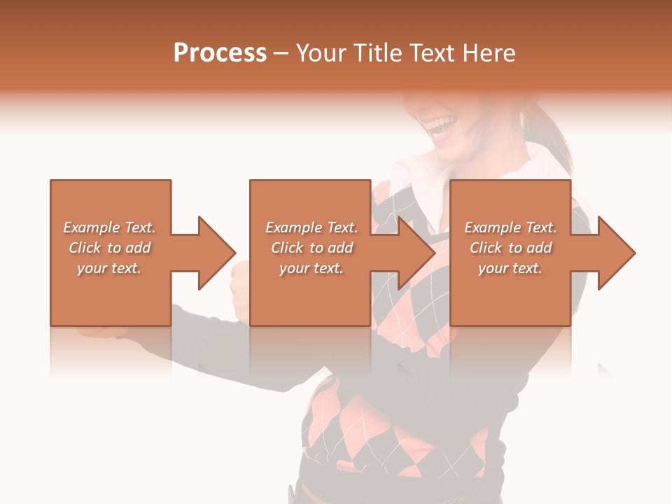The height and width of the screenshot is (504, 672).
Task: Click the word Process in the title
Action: point(220,53)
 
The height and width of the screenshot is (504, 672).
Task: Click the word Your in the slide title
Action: point(321,53)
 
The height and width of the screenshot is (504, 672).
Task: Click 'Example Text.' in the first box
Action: point(110,227)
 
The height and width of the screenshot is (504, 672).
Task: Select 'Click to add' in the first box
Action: point(110,248)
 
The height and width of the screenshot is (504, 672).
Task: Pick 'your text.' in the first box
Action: point(110,268)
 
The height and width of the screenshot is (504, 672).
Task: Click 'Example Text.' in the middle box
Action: point(311,227)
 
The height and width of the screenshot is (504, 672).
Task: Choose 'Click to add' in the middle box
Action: point(311,248)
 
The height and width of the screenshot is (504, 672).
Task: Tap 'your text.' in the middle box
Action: point(311,268)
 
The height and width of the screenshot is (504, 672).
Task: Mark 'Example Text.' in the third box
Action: point(510,227)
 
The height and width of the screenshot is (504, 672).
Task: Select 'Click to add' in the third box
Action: point(510,248)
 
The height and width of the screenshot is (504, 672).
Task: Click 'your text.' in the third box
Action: point(510,268)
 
